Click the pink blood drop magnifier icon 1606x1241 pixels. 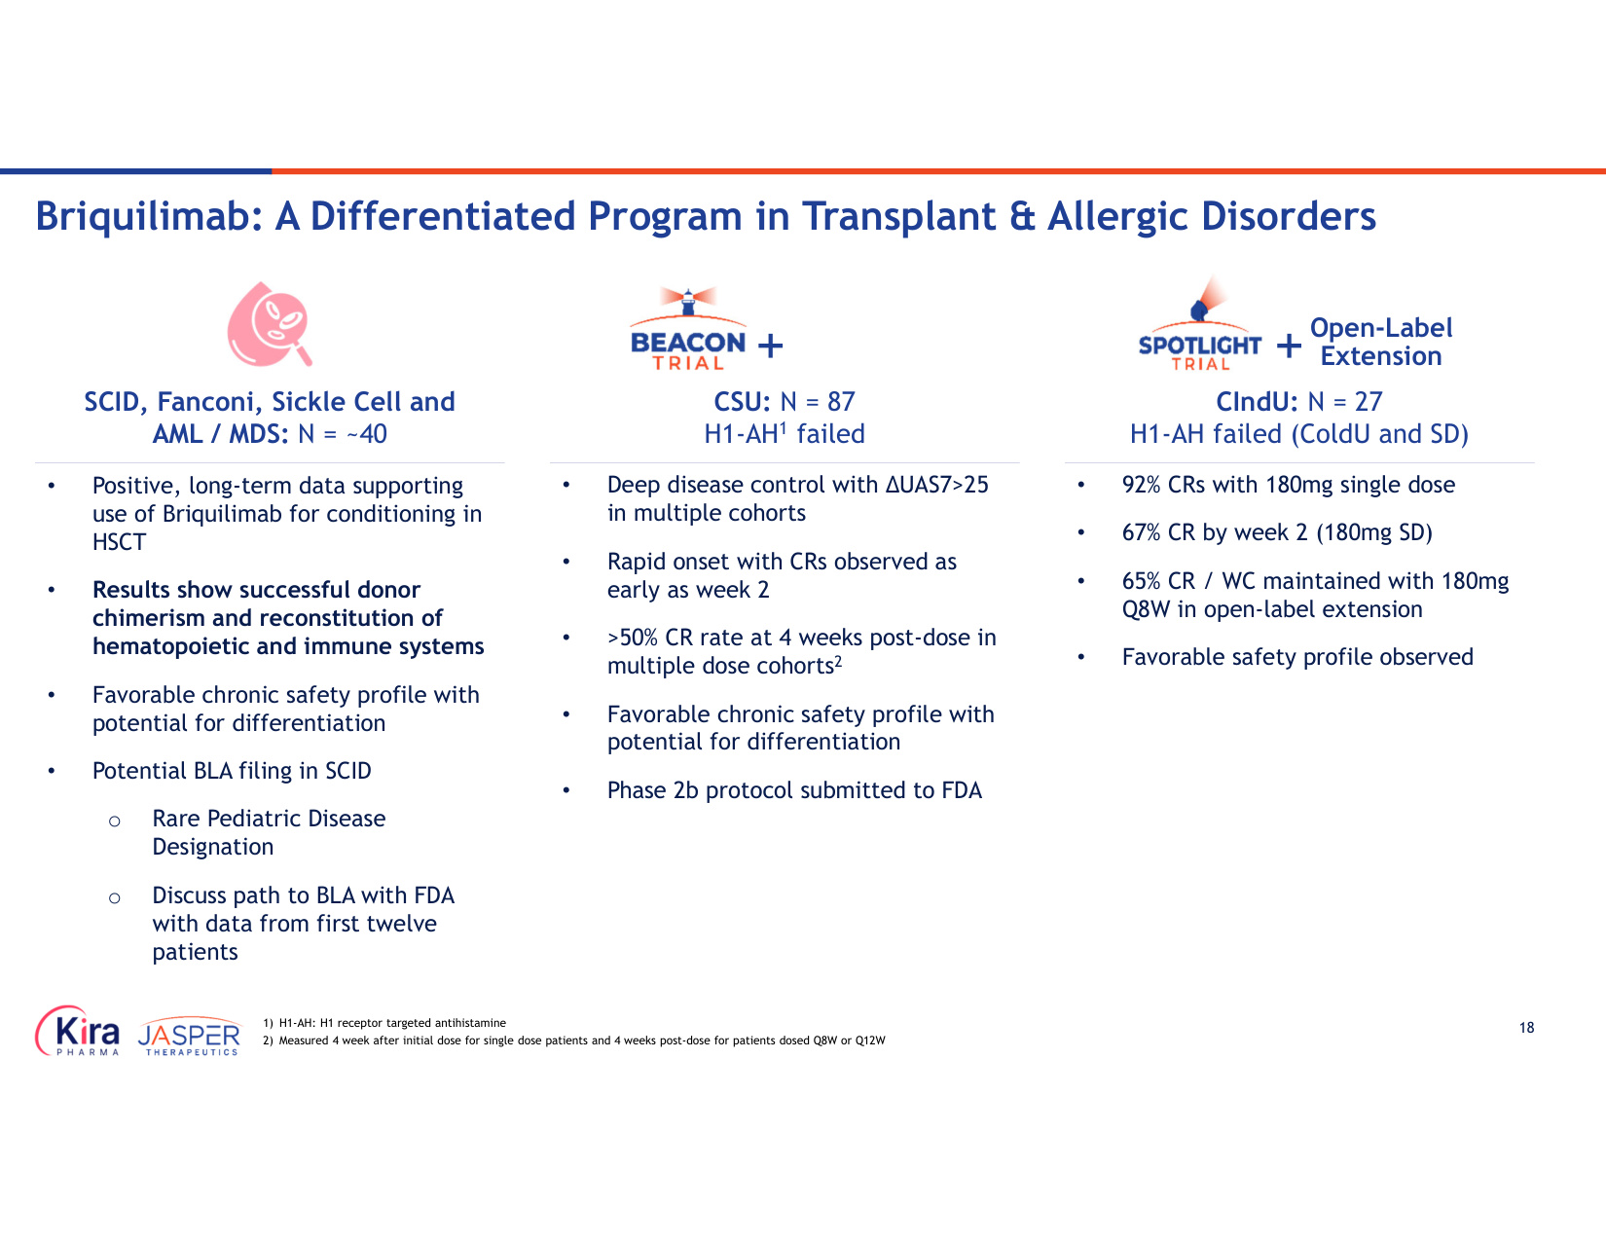[269, 324]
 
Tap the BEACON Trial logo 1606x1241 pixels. [687, 329]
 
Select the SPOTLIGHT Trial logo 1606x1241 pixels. [1199, 324]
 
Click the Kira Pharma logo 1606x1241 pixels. [78, 1031]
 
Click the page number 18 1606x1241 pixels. [1526, 1028]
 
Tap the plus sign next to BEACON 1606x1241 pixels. [770, 346]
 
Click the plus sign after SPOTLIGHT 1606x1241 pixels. [1289, 346]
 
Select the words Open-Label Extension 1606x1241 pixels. [1380, 342]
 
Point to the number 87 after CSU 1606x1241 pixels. [841, 401]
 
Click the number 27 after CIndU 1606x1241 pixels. [1368, 401]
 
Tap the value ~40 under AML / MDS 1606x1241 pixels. [367, 434]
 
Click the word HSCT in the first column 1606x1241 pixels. [119, 542]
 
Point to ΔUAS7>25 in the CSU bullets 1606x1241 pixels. [937, 484]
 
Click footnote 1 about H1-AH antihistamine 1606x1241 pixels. [384, 1023]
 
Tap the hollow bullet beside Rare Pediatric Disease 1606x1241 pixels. [115, 821]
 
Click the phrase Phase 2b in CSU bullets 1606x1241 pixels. [652, 790]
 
